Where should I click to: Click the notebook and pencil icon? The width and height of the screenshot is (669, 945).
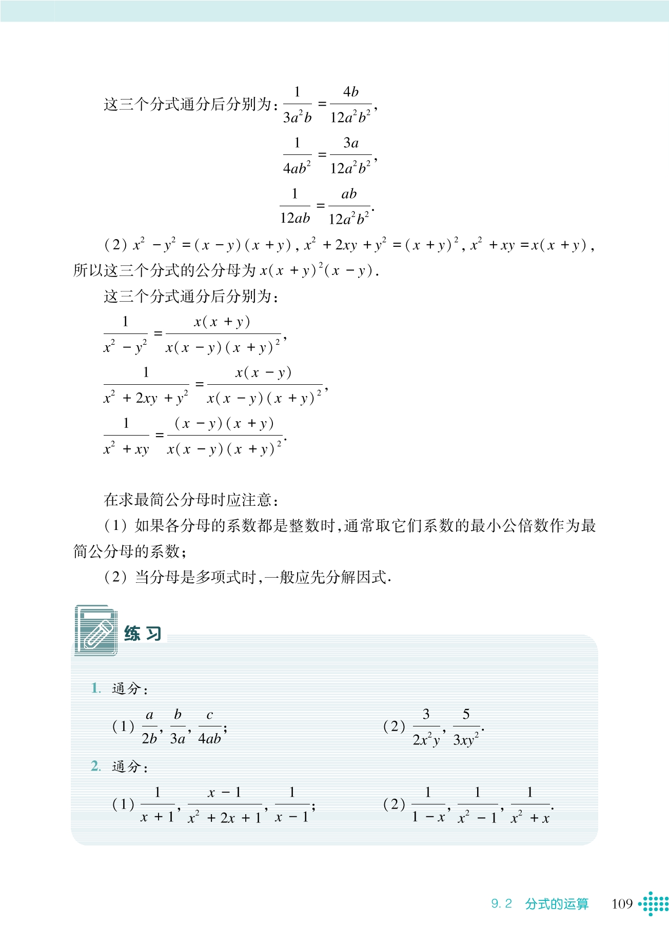click(x=96, y=631)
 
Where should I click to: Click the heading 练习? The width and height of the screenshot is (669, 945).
click(x=143, y=634)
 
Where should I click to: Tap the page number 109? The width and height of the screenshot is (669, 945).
click(x=622, y=903)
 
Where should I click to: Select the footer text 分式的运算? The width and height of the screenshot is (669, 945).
click(x=557, y=903)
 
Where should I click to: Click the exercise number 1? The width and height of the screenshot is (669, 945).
click(x=96, y=688)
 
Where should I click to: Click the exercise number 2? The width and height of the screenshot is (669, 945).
click(x=96, y=766)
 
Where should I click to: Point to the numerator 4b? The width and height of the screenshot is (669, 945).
click(x=351, y=92)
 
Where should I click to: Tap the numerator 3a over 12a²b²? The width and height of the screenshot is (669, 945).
click(x=351, y=143)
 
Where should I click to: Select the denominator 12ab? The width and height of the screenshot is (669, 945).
click(x=295, y=219)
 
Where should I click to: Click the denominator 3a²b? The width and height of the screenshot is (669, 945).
click(x=297, y=117)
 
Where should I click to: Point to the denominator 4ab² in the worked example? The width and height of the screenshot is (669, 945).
click(x=297, y=168)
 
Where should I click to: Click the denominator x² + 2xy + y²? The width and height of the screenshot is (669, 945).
click(x=146, y=398)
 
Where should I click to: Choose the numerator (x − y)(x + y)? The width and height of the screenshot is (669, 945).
click(x=224, y=424)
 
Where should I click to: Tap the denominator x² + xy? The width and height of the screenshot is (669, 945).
click(x=126, y=449)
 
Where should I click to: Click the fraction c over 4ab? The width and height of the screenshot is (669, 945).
click(x=209, y=726)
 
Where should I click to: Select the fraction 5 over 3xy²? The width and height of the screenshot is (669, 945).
click(x=466, y=727)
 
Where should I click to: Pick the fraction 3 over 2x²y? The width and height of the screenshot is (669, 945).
click(x=426, y=727)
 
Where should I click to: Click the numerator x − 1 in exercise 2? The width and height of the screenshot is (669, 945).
click(x=224, y=793)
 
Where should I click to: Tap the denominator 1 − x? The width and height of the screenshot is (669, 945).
click(x=428, y=817)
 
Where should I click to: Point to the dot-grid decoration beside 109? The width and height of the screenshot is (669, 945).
click(x=654, y=903)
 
